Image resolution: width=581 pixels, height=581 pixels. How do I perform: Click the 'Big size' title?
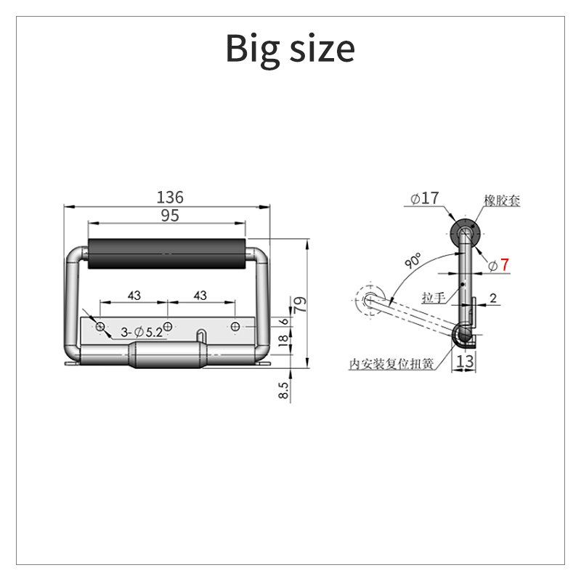pos(290,48)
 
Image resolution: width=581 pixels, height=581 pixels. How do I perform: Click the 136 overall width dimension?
pos(171,197)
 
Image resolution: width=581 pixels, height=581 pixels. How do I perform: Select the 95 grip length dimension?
pos(169,215)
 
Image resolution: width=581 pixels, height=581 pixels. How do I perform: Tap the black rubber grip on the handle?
pos(167,254)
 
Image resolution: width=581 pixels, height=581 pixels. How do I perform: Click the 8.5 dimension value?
pos(284,391)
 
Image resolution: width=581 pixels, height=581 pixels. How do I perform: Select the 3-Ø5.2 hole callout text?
pos(142,332)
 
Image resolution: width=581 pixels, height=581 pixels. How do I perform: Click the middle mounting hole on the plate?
pos(168,326)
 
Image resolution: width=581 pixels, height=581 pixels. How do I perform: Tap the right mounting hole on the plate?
pos(235,326)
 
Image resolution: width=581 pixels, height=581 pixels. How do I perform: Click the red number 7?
pos(505,265)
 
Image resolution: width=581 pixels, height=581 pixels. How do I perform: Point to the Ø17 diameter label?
pos(425,198)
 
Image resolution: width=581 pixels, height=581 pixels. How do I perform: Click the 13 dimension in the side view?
pos(465,360)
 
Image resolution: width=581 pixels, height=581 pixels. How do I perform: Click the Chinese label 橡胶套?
pos(502,201)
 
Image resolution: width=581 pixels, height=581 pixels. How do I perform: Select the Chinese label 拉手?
pos(434,297)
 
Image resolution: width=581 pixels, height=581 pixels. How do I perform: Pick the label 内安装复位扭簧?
pos(391,364)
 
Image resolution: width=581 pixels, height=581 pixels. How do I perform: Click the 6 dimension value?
pos(284,322)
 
